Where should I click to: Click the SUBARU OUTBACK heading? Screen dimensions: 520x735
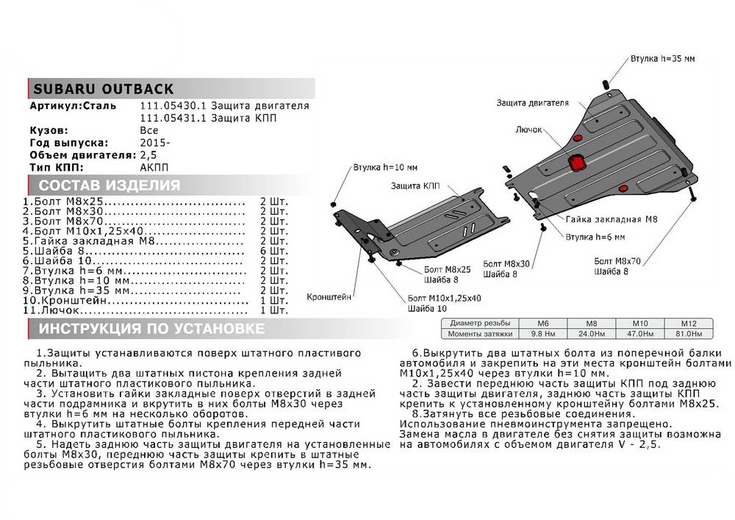coord(103,90)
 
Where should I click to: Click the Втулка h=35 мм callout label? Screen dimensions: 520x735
coord(661,58)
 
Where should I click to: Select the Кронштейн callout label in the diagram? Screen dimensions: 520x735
coord(331,299)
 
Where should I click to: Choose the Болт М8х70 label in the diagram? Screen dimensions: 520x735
coord(618,261)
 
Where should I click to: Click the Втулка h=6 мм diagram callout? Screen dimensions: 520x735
coord(595,237)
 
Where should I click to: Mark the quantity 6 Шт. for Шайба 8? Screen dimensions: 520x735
coord(273,251)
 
